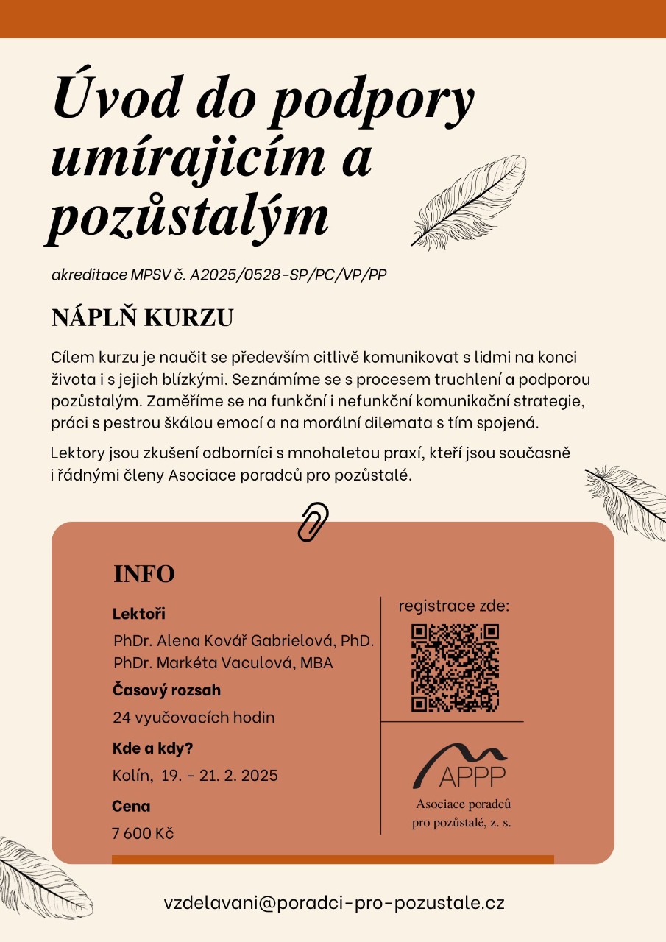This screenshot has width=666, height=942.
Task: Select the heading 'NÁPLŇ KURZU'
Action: pyautogui.click(x=142, y=317)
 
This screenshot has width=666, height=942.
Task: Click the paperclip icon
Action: pyautogui.click(x=313, y=522)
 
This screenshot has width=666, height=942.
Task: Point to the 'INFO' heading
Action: pyautogui.click(x=144, y=574)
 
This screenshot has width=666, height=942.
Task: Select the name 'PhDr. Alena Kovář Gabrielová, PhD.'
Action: pyautogui.click(x=244, y=640)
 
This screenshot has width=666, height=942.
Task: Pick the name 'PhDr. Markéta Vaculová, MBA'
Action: pyautogui.click(x=223, y=662)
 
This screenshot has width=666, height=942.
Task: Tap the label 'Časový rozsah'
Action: pyautogui.click(x=166, y=690)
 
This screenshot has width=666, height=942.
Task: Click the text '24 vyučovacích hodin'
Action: pyautogui.click(x=194, y=717)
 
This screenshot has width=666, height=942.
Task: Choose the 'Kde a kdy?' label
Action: pyautogui.click(x=152, y=748)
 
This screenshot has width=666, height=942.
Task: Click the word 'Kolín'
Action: pyautogui.click(x=131, y=775)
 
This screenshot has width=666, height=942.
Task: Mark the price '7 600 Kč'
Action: pyautogui.click(x=143, y=833)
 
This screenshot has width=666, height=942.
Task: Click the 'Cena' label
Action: pyautogui.click(x=131, y=806)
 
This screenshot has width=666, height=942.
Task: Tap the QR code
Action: pyautogui.click(x=455, y=668)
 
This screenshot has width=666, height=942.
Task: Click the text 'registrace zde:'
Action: pyautogui.click(x=454, y=606)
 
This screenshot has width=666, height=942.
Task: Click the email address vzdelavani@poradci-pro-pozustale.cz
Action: pyautogui.click(x=334, y=903)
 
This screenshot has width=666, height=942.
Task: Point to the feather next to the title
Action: pyautogui.click(x=468, y=200)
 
